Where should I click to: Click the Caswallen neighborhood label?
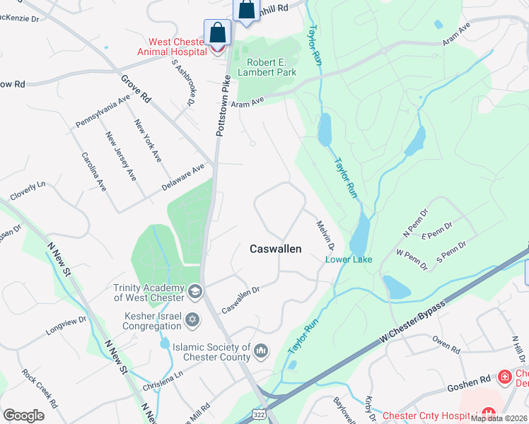(x=276, y=249)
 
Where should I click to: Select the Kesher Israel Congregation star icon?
(x=190, y=322)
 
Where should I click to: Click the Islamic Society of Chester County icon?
(x=261, y=351)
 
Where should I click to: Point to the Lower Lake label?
(x=348, y=259)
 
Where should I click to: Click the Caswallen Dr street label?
(x=241, y=300)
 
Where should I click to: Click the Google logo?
(x=23, y=415)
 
